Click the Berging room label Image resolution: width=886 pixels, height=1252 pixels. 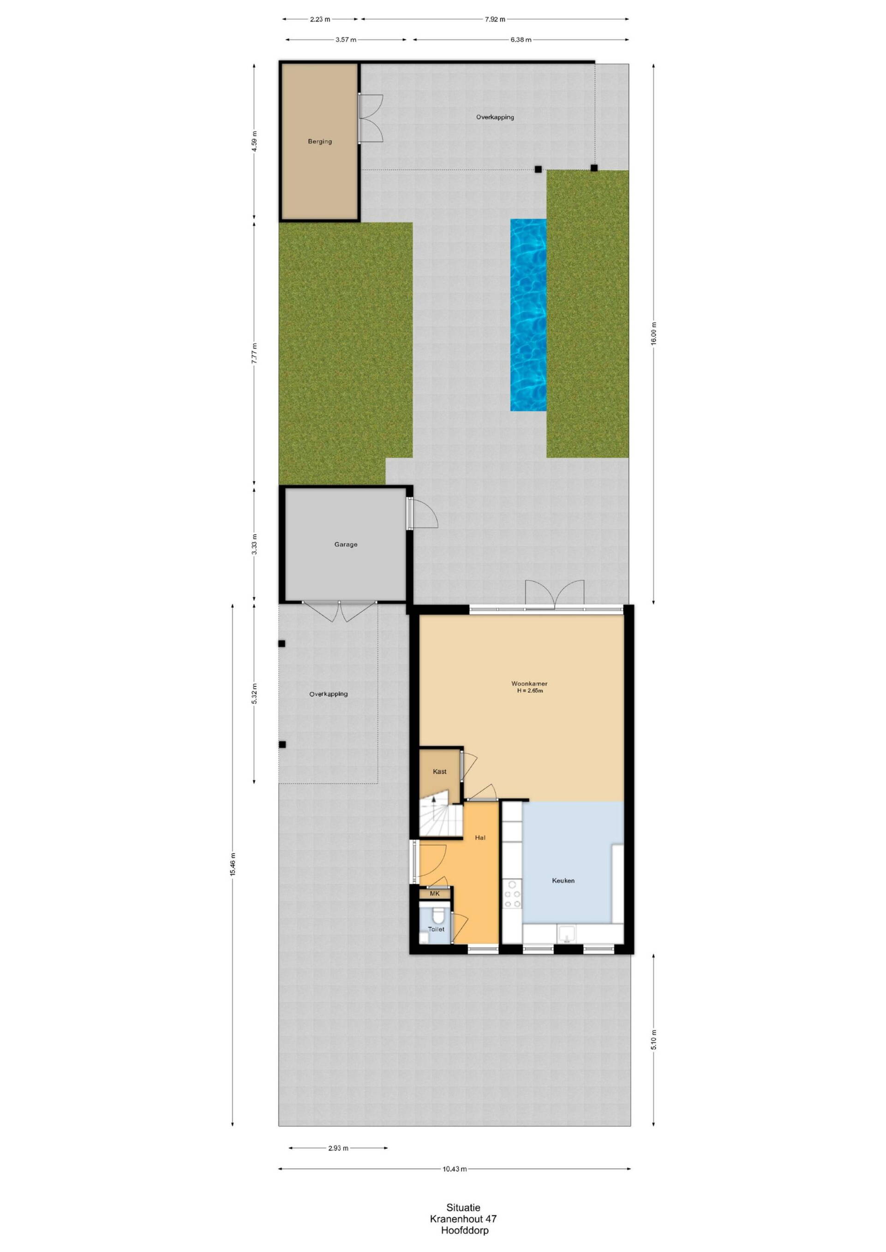coord(320,141)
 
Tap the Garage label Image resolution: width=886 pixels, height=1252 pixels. coord(346,544)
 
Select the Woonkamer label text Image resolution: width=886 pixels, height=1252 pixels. coord(529,683)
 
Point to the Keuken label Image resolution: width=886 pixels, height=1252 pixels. coord(563,880)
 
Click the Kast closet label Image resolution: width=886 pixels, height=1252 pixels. coord(440,771)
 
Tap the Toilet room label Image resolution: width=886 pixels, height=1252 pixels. coord(436,929)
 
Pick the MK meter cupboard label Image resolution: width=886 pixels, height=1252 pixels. coord(435,894)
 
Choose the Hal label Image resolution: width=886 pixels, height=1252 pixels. coord(480,837)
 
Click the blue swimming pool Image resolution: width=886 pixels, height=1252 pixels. coord(528,314)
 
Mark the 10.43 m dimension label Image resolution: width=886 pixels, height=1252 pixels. coord(454,1169)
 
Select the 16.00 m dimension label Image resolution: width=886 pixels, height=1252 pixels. coord(655,332)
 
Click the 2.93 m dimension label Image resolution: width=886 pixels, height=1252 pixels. coord(338,1148)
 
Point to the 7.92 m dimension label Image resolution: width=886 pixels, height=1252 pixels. coord(495,19)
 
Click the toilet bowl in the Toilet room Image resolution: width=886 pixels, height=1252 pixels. coord(437,914)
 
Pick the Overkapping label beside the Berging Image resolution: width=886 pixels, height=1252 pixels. coord(495,117)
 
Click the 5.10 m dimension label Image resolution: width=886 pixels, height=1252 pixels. coord(655,1039)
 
